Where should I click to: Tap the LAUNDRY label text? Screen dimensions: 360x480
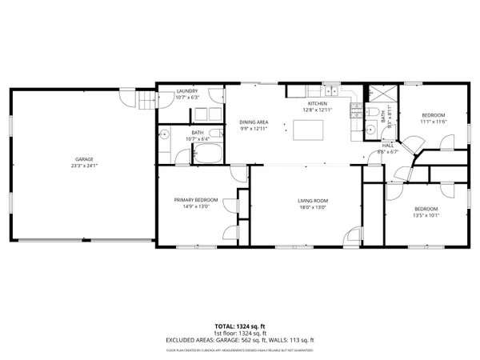point(186,92)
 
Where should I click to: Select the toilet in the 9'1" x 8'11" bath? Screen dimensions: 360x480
point(371,128)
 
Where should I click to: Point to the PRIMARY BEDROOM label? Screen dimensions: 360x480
point(192,200)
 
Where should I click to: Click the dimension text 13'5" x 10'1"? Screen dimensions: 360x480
point(426,214)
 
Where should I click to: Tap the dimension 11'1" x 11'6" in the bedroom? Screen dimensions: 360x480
point(434,121)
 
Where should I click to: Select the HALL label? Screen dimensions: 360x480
point(387,145)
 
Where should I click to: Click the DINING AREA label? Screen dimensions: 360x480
point(253,122)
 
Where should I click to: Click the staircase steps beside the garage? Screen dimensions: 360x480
point(145,102)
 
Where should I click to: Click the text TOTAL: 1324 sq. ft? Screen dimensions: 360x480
point(239,326)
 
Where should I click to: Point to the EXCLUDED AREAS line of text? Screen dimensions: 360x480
point(239,341)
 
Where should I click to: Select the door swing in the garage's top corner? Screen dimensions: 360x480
point(126,96)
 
